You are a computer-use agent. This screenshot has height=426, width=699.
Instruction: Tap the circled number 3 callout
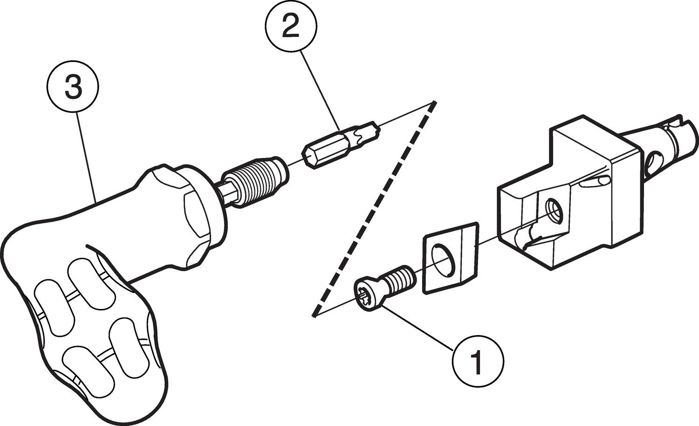pos(73,88)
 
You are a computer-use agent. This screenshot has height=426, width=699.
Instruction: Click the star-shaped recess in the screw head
pos(364,294)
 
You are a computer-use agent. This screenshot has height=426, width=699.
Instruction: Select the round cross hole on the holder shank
pos(653,161)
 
